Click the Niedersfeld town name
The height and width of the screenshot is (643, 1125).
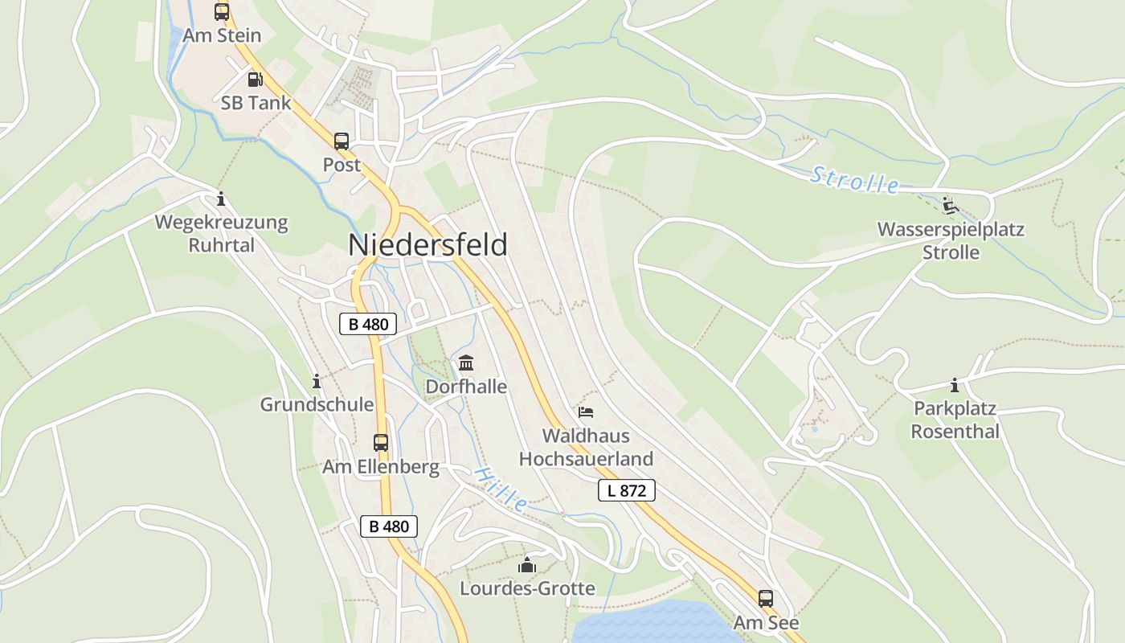coord(427,245)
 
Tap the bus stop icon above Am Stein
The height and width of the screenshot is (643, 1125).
coord(222,12)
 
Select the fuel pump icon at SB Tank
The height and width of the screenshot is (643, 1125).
coord(255,79)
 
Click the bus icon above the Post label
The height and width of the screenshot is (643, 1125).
coord(342,141)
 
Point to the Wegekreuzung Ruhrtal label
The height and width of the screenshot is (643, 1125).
coord(221,233)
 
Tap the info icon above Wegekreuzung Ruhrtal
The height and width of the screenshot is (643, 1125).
coord(221,199)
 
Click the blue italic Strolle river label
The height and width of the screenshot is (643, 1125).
coord(855,179)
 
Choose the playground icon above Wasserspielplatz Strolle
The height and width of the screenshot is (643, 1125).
coord(951,206)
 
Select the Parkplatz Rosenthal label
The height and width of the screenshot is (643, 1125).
coord(955,420)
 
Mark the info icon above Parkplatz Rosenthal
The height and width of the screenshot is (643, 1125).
coord(955,385)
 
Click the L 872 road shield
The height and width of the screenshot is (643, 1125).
coord(627,490)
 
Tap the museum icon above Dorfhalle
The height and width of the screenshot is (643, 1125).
coord(466,363)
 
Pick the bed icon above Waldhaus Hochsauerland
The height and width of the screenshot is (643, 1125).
coord(586,412)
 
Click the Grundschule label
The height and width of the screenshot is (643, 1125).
coord(317,404)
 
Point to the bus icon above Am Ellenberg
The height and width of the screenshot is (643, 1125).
coord(381,442)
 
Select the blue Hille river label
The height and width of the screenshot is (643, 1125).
coord(501,489)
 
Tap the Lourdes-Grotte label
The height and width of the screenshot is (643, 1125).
coord(527,588)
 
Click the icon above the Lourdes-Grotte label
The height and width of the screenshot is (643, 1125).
coord(527,566)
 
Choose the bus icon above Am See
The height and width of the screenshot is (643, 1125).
coord(766,599)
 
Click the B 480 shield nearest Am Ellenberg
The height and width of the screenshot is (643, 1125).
coord(389,526)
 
